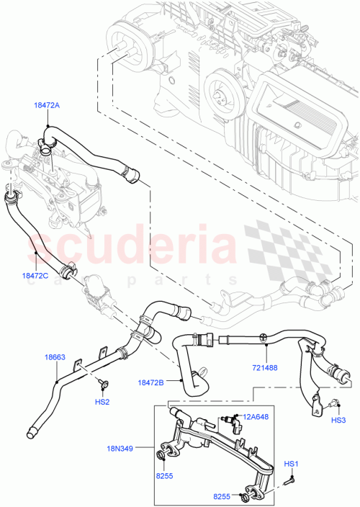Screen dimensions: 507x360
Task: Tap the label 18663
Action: tap(55, 356)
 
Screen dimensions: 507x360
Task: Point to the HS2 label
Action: tap(102, 401)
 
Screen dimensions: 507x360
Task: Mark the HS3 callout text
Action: tap(338, 420)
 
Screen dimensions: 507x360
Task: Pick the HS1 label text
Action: tap(291, 463)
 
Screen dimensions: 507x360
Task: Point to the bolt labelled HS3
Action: tap(336, 405)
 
